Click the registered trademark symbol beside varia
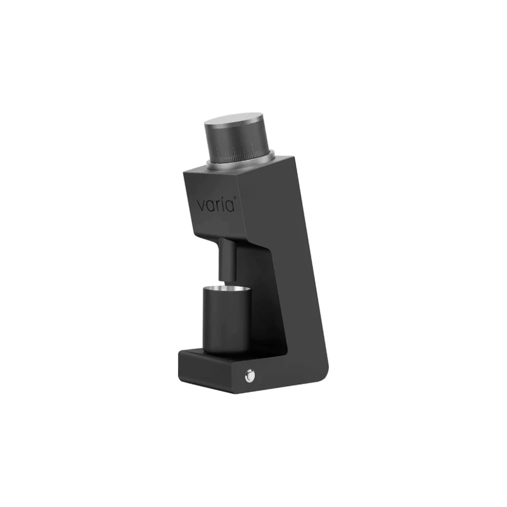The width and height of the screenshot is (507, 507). pyautogui.click(x=235, y=198)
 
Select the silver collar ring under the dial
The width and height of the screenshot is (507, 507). pyautogui.click(x=241, y=164)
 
